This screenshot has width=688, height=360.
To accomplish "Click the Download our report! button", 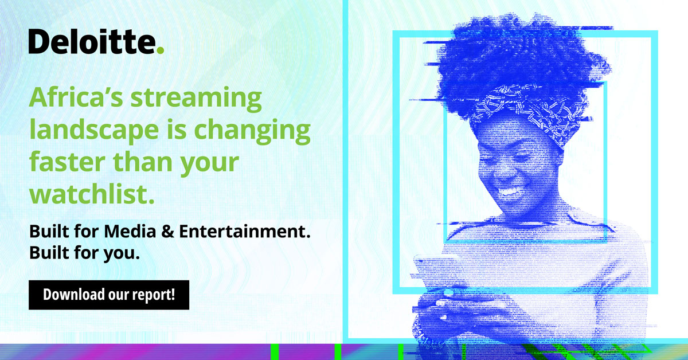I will (108, 296).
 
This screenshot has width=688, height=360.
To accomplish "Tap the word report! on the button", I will (154, 296).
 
